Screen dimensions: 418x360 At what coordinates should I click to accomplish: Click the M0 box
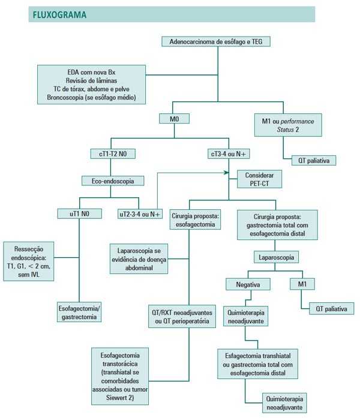click(x=175, y=119)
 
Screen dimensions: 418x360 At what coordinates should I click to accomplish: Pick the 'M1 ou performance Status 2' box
click(x=292, y=125)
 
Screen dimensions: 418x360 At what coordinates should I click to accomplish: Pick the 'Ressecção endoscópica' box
click(x=29, y=261)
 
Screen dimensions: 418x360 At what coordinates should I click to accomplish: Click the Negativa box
click(x=247, y=284)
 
